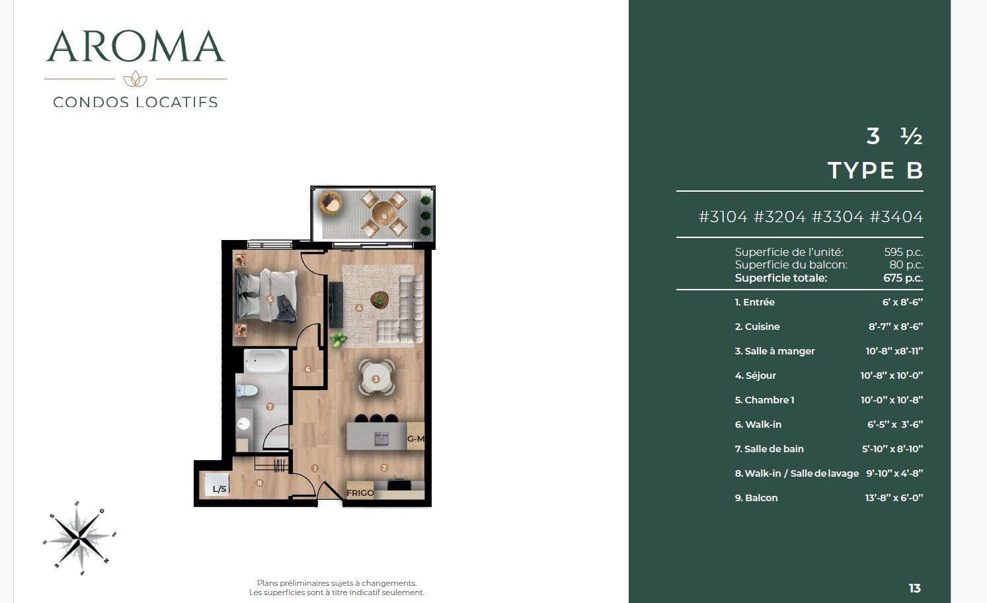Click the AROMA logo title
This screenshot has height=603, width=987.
tap(136, 46)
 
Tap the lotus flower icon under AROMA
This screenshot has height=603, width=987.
tap(136, 79)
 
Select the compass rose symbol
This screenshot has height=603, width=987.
tap(80, 538)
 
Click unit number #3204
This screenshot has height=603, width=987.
tap(779, 216)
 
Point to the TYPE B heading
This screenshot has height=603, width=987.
tap(875, 170)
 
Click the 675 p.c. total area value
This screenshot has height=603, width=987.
tap(903, 278)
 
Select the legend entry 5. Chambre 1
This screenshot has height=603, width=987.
tap(764, 400)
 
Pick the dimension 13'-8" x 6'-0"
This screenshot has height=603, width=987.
tap(894, 498)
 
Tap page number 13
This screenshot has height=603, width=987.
tap(915, 588)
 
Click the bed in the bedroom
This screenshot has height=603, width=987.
tap(267, 296)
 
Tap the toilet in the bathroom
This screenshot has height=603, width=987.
tap(247, 390)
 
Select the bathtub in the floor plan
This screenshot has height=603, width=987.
tap(266, 361)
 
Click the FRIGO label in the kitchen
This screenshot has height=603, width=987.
tap(360, 493)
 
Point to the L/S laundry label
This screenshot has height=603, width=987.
tap(219, 489)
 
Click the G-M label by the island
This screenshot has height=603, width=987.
tap(416, 438)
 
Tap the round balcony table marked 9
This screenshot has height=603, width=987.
tap(384, 214)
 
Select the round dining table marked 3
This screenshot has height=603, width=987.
tap(376, 378)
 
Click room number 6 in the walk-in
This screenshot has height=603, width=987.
tap(308, 370)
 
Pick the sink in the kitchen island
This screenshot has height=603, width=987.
tap(381, 438)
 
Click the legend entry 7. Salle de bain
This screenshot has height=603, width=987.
tap(770, 449)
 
